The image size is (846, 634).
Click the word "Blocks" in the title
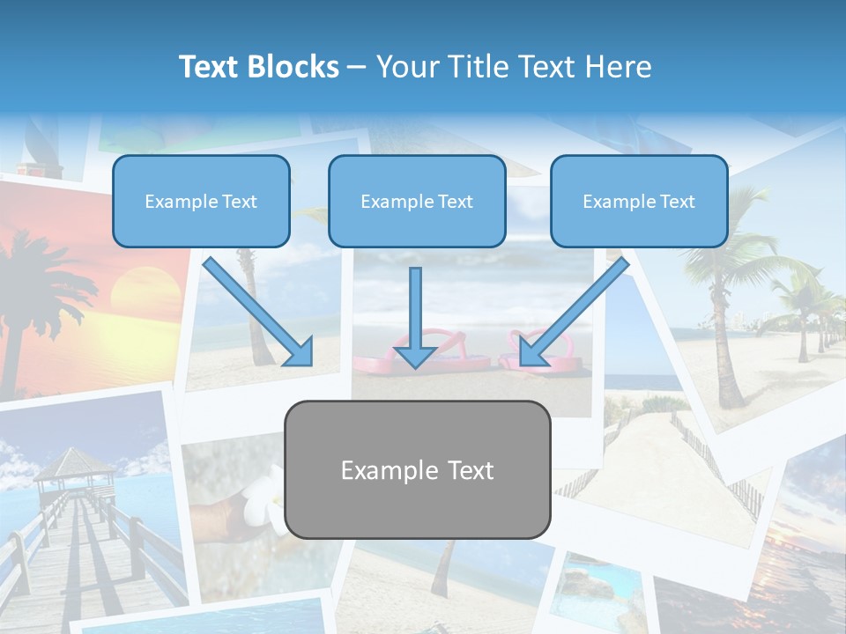click(293, 67)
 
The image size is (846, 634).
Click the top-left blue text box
click(201, 202)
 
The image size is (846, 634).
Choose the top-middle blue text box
click(417, 202)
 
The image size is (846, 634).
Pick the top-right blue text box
click(639, 202)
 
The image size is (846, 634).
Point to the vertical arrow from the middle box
click(415, 317)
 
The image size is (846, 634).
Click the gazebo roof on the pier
click(74, 461)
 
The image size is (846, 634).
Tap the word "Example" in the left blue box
click(175, 202)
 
